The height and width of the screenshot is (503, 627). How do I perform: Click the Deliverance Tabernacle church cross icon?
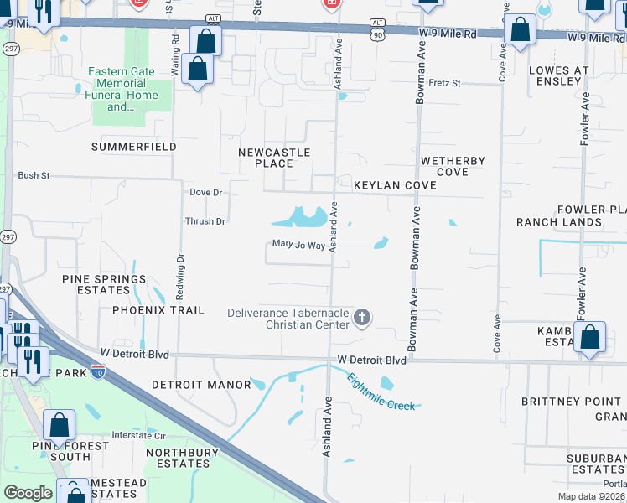pyautogui.click(x=362, y=317)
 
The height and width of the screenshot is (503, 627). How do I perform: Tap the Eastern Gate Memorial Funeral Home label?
pyautogui.click(x=122, y=90)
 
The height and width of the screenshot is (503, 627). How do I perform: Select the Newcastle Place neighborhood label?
pyautogui.click(x=274, y=158)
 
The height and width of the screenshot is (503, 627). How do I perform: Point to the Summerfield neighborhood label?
pyautogui.click(x=134, y=147)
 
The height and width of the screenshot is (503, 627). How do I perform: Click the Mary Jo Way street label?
pyautogui.click(x=298, y=246)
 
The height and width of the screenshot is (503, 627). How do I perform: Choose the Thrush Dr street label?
pyautogui.click(x=205, y=221)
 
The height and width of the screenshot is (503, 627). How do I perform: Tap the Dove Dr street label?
pyautogui.click(x=205, y=193)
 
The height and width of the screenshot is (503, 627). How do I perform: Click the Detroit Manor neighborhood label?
pyautogui.click(x=201, y=385)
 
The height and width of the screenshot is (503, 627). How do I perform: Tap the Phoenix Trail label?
pyautogui.click(x=158, y=310)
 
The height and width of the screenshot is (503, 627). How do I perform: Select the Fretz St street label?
pyautogui.click(x=444, y=83)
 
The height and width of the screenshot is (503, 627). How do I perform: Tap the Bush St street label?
pyautogui.click(x=34, y=176)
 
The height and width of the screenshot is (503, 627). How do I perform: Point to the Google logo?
pyautogui.click(x=28, y=493)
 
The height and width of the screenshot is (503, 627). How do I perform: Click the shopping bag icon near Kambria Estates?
pyautogui.click(x=590, y=339)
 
